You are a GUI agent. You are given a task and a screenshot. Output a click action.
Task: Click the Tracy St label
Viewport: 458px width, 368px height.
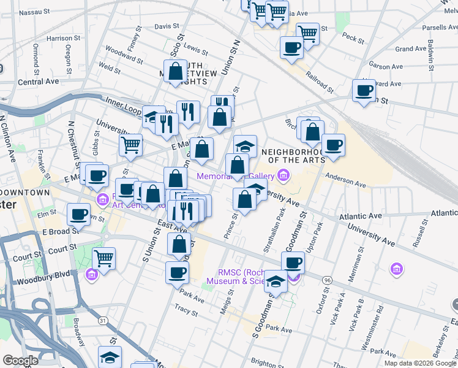[185, 310]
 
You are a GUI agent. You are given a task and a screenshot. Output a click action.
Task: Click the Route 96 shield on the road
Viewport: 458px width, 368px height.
[328, 280]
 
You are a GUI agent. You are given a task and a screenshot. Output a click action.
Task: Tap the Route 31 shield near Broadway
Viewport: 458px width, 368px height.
[102, 321]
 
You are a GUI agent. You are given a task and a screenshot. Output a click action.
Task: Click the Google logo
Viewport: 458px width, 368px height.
[20, 361]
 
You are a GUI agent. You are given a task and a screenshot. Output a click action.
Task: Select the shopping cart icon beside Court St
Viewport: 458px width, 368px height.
[104, 258]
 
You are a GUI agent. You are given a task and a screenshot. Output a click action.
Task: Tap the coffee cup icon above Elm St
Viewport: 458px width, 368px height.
[78, 215]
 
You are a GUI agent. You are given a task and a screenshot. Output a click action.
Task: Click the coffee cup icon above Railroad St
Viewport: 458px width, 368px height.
[291, 47]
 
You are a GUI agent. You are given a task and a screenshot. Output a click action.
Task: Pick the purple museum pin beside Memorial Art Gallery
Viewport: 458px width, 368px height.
[282, 177]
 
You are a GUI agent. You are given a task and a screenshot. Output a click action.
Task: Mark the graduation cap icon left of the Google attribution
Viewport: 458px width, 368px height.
[110, 356]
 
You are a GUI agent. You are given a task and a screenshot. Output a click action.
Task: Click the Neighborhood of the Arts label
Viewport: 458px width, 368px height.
[291, 156]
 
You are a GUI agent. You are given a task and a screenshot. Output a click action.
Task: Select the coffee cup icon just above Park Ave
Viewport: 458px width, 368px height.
[178, 272]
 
